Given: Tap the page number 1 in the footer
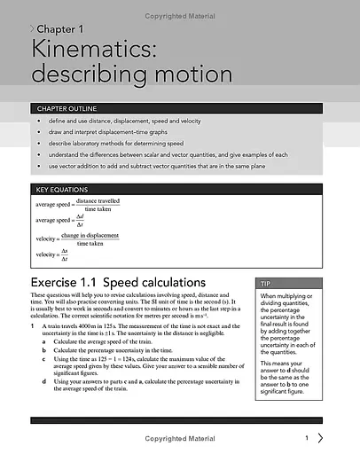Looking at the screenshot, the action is [306, 438].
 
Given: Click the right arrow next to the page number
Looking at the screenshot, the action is [321, 438].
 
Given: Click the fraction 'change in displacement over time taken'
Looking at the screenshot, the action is [96, 239].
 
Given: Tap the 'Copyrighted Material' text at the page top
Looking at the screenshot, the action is [180, 6].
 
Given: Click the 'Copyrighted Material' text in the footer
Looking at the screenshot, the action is [180, 439].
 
